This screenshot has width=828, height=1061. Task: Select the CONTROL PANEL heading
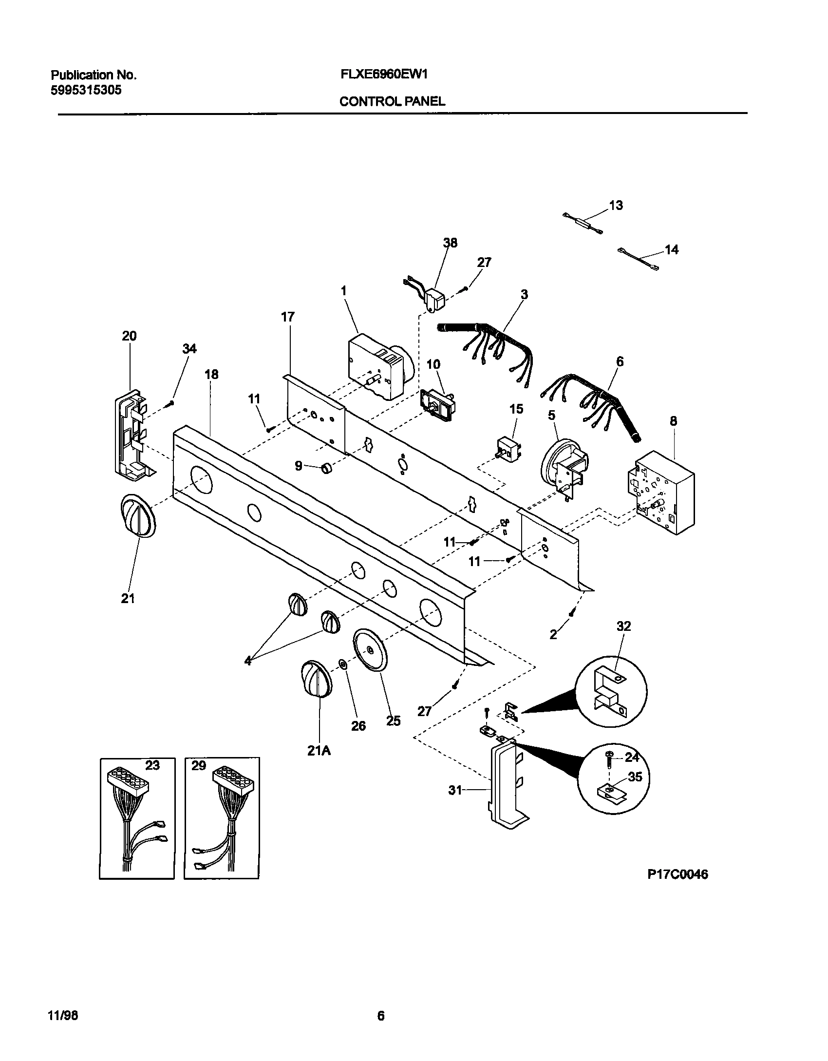pyautogui.click(x=392, y=101)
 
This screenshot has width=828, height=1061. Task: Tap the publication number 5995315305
pyautogui.click(x=86, y=90)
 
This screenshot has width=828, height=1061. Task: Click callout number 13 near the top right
pyautogui.click(x=616, y=206)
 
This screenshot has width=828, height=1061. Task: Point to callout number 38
pyautogui.click(x=451, y=243)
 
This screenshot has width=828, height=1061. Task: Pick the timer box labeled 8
pyautogui.click(x=662, y=492)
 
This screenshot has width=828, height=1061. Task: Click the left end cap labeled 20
pyautogui.click(x=131, y=433)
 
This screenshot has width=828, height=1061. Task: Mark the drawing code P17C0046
pyautogui.click(x=677, y=874)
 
